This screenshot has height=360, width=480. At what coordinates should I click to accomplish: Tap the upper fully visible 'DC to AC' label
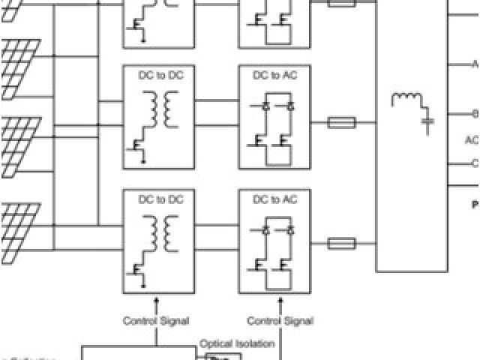[x=274, y=75]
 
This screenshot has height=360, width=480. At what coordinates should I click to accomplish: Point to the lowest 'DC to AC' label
[x=274, y=199]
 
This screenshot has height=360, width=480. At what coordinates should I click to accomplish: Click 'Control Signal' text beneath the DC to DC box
[x=156, y=321]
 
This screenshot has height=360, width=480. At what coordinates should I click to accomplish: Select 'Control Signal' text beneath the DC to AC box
[x=280, y=321]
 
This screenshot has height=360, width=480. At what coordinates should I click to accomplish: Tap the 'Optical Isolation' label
[x=237, y=343]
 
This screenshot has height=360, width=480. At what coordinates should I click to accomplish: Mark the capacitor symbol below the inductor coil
[x=428, y=121]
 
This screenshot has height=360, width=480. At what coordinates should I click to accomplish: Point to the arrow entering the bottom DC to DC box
[x=156, y=301]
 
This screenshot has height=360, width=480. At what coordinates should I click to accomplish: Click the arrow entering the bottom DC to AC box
[x=280, y=301]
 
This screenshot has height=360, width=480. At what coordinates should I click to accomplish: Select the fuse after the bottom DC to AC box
[x=342, y=243]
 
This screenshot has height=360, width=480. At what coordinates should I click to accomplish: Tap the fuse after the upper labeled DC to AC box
[x=342, y=121]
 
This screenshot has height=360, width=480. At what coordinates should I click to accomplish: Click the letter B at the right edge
[x=475, y=115]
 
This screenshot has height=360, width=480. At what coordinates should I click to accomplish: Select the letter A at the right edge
[x=475, y=65]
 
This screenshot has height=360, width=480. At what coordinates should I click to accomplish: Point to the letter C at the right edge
[x=475, y=163]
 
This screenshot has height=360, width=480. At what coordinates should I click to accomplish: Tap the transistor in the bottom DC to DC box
[x=139, y=269]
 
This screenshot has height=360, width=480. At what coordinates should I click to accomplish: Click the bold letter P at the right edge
[x=475, y=204]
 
